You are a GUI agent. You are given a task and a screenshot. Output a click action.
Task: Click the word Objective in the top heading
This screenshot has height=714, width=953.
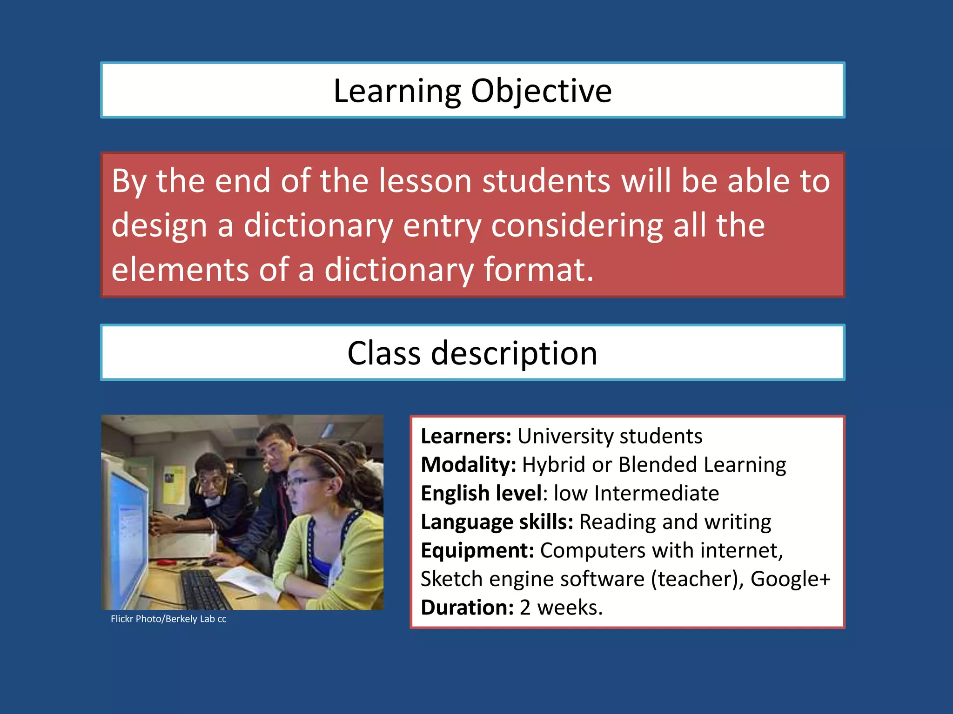pos(541,91)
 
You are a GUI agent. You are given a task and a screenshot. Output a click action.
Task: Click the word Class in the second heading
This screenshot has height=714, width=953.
pos(383,353)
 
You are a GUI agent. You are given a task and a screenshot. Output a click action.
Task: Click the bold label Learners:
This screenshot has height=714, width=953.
pos(466,436)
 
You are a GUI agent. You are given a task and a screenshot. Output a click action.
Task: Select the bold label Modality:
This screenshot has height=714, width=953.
pos(468,465)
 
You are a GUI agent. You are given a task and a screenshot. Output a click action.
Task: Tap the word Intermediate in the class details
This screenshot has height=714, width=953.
pos(656,493)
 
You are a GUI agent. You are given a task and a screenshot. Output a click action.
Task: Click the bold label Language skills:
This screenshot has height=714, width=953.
pos(497,522)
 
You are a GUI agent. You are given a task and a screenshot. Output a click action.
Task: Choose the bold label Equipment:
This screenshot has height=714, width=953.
pos(477,551)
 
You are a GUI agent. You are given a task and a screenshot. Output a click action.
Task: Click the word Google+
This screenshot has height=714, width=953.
pos(790,579)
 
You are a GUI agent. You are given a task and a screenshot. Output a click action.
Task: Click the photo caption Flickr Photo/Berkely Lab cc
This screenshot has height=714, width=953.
pos(168,619)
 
